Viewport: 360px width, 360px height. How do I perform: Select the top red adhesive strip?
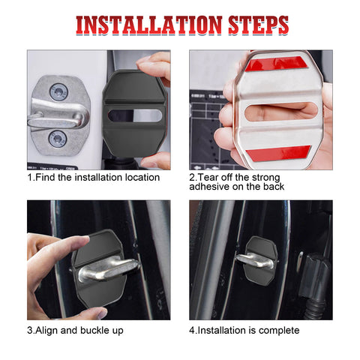pos(277,63)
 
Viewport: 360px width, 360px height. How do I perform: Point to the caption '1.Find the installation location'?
pos(94,178)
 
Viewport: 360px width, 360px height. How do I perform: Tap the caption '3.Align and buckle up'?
pos(76,330)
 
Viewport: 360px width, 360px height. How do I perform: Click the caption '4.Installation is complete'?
pos(244,330)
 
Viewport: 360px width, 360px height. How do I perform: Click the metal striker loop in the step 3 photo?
pos(109,267)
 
